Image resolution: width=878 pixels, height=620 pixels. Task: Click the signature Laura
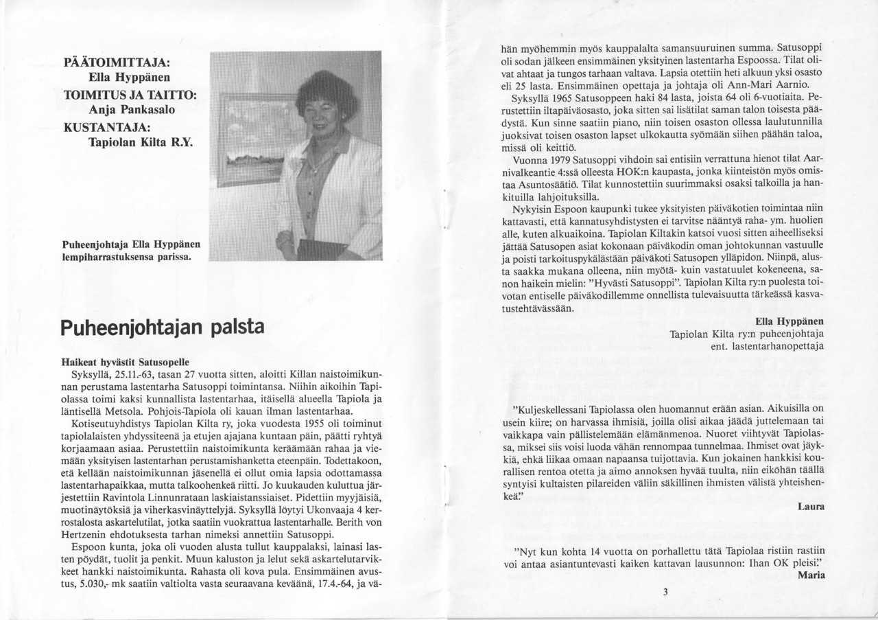(811, 507)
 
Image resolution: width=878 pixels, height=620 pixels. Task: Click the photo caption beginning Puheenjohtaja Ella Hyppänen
(130, 251)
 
